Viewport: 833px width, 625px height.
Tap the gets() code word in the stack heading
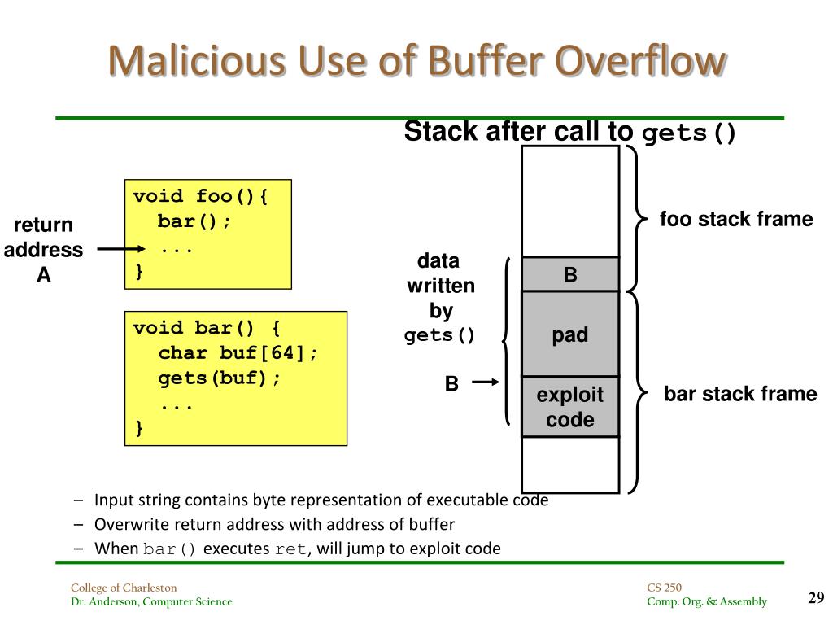pyautogui.click(x=689, y=133)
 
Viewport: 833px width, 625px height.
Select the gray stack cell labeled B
pyautogui.click(x=570, y=274)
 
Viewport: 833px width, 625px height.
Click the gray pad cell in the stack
pyautogui.click(x=570, y=334)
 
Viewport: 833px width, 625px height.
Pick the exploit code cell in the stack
pyautogui.click(x=570, y=407)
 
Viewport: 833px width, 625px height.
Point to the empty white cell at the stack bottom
pyautogui.click(x=570, y=464)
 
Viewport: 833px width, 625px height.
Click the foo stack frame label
pyautogui.click(x=735, y=219)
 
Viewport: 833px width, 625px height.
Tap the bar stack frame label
pyautogui.click(x=739, y=395)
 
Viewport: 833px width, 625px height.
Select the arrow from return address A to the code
pyautogui.click(x=122, y=249)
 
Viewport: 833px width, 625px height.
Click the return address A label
pyautogui.click(x=43, y=249)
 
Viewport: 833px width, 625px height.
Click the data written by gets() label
pyautogui.click(x=440, y=298)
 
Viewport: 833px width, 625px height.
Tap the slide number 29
pyautogui.click(x=816, y=598)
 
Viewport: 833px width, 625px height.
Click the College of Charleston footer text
pyautogui.click(x=123, y=588)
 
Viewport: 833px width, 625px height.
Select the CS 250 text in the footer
pyautogui.click(x=665, y=588)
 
